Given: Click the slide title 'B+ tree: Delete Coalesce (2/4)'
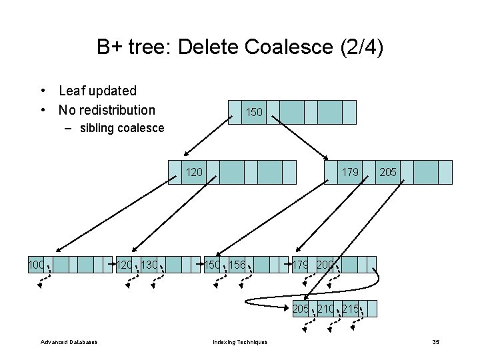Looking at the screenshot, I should click(x=240, y=47).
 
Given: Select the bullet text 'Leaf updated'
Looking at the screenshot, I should click(x=97, y=91).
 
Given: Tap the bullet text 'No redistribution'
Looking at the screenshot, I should click(x=107, y=110).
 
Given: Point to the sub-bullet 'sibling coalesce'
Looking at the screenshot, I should click(x=121, y=128).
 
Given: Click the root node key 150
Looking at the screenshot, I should click(x=254, y=113).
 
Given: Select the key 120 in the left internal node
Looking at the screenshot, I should click(x=194, y=172).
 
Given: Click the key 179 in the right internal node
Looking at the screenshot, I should click(x=350, y=172).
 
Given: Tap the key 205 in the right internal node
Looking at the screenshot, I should click(x=388, y=172).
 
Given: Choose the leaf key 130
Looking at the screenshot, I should click(x=150, y=265).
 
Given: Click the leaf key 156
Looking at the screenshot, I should click(x=237, y=265).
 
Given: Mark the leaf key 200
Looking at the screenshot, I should click(x=325, y=265).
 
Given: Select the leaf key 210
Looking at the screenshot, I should click(x=326, y=309).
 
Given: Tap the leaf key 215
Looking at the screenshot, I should click(x=351, y=309).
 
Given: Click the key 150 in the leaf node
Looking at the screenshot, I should click(x=212, y=265).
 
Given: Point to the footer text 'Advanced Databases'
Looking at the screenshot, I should click(x=69, y=343).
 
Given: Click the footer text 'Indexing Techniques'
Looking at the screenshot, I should click(x=240, y=343).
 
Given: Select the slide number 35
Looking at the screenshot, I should click(x=435, y=343).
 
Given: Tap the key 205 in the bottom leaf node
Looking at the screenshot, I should click(x=301, y=309).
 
